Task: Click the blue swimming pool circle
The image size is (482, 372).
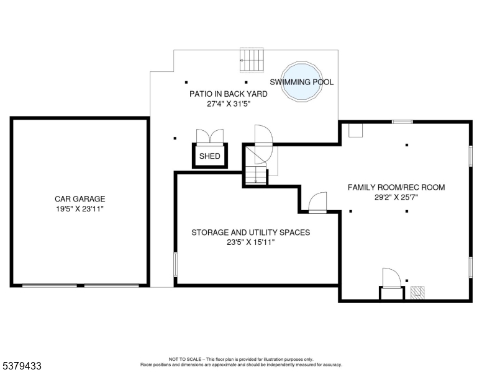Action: point(302,82)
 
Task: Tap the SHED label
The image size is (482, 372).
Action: point(210,156)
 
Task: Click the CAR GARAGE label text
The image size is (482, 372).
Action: point(80,199)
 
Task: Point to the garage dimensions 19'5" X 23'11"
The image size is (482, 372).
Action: point(80,209)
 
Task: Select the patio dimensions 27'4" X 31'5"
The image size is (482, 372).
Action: point(229,104)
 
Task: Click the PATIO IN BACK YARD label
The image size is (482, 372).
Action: point(229,94)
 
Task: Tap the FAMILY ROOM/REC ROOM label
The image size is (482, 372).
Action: point(396,187)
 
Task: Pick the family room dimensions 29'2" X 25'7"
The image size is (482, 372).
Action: point(396,197)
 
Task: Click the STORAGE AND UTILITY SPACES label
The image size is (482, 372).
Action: point(250,232)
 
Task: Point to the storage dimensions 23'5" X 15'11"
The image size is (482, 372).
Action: point(250,242)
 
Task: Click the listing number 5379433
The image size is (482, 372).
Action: point(22,366)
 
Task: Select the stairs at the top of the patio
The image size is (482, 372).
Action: point(252,60)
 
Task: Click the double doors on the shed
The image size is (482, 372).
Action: point(210,136)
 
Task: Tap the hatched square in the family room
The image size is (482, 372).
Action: point(417,293)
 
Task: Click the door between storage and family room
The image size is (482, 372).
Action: point(317,203)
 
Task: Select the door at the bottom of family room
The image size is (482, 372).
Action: point(391,278)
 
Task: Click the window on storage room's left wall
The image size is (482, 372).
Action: point(176,264)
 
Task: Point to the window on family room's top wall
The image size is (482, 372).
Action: point(402,122)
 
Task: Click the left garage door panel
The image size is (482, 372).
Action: point(50,285)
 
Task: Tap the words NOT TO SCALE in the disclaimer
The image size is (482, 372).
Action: point(184,359)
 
